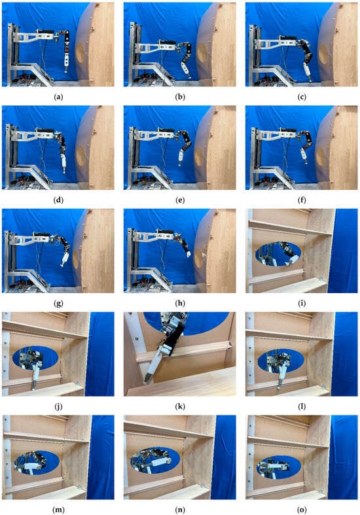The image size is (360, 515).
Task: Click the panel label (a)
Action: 58,97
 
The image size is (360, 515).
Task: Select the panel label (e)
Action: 180,200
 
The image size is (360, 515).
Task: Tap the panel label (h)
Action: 180,303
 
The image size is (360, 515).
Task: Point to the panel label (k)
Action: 180,406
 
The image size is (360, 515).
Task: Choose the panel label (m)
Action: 58,510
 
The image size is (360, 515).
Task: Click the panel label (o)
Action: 302,510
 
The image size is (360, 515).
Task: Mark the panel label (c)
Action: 302,97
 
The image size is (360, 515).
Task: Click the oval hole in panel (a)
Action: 80,53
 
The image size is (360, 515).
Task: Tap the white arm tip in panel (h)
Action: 189,253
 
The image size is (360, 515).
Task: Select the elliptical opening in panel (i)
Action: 278,254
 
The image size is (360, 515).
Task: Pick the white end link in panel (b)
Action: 185,69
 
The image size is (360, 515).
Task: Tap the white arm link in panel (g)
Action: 64,260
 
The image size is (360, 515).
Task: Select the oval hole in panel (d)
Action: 81,156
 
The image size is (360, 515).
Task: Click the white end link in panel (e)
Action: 181,157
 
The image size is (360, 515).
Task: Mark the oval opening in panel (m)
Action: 36,463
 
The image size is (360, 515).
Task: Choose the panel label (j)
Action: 58,406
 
